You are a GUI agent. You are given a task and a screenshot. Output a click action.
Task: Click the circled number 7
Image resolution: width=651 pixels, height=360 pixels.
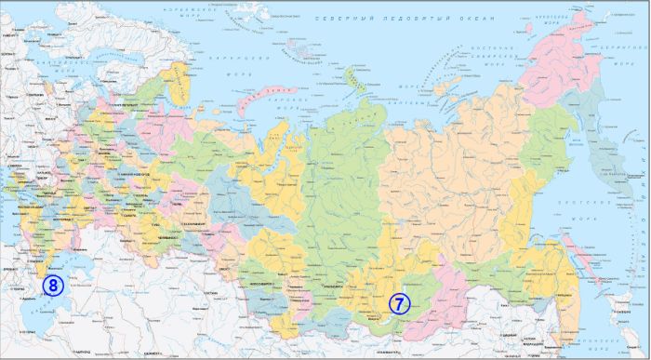398,303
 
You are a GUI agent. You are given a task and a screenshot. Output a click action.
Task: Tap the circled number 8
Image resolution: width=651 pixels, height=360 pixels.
52,286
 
